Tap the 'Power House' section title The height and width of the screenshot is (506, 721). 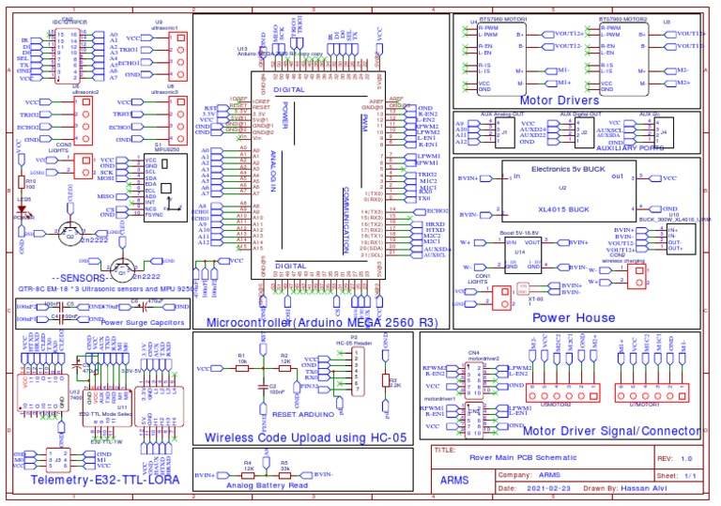coord(573,317)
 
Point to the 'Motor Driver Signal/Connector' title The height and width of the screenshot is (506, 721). coord(610,431)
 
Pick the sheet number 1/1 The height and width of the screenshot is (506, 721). coord(690,476)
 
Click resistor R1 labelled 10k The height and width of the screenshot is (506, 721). coord(242,368)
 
